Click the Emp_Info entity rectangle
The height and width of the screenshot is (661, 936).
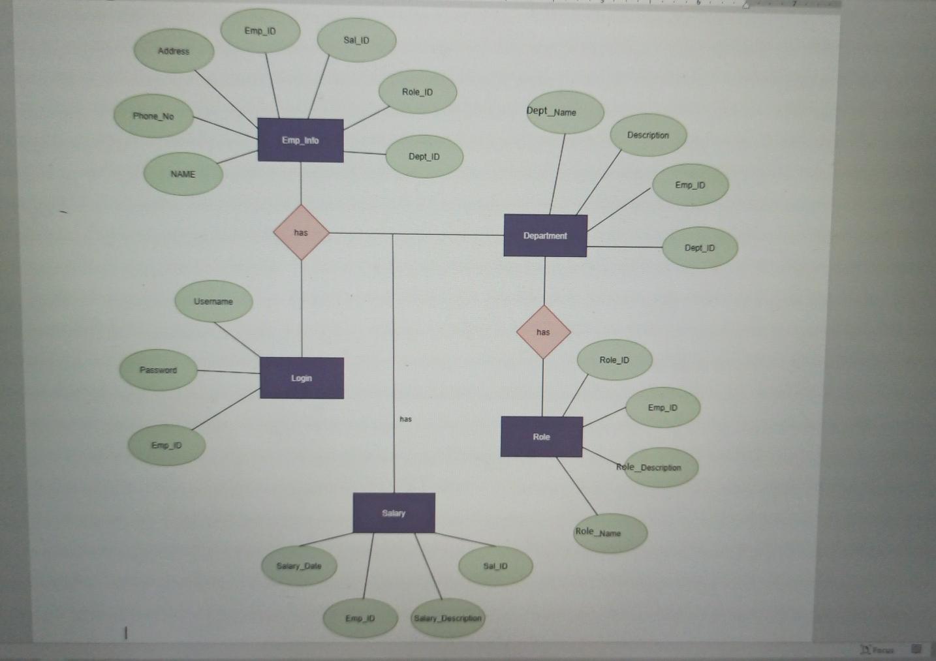pyautogui.click(x=300, y=140)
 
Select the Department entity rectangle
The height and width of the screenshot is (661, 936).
pyautogui.click(x=545, y=236)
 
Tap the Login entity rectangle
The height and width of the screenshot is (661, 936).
pyautogui.click(x=302, y=378)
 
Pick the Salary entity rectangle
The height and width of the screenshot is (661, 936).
pyautogui.click(x=394, y=513)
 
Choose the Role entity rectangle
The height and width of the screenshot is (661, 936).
pyautogui.click(x=541, y=437)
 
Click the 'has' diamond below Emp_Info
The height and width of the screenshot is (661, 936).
pyautogui.click(x=301, y=232)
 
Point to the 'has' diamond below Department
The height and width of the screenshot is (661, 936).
pyautogui.click(x=543, y=332)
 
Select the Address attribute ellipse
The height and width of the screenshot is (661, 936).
pyautogui.click(x=174, y=51)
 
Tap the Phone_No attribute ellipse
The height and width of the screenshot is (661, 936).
pyautogui.click(x=153, y=116)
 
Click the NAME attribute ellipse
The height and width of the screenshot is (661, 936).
pyautogui.click(x=183, y=174)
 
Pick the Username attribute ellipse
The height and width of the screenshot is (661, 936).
pyautogui.click(x=213, y=301)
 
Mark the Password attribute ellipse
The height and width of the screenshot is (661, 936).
pyautogui.click(x=158, y=370)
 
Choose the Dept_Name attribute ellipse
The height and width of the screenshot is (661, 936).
pyautogui.click(x=564, y=112)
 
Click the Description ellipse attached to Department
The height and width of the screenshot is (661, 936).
pyautogui.click(x=648, y=135)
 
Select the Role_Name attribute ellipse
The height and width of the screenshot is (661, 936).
pyautogui.click(x=609, y=533)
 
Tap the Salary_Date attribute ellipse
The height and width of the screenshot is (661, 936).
pyautogui.click(x=299, y=566)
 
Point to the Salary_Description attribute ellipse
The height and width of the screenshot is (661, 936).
pyautogui.click(x=448, y=618)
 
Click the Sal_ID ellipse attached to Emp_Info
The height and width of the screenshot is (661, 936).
pyautogui.click(x=356, y=40)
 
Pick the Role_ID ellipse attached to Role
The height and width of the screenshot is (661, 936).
pyautogui.click(x=614, y=360)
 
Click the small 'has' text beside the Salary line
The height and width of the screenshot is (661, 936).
pyautogui.click(x=405, y=419)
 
